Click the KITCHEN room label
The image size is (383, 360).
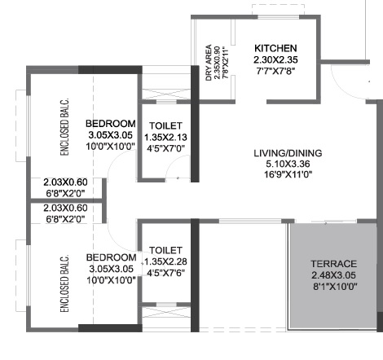[275, 48]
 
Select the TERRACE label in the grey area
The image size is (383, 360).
[334, 264]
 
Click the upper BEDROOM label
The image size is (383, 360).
[111, 124]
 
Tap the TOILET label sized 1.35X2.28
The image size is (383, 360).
[166, 250]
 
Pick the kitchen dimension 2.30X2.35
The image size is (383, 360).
[275, 60]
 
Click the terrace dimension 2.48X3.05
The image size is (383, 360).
[334, 275]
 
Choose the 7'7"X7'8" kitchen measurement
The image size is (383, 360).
[275, 72]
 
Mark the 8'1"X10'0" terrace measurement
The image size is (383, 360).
[334, 287]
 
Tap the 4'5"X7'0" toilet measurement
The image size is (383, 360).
[165, 150]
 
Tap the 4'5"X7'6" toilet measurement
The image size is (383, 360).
[166, 273]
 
